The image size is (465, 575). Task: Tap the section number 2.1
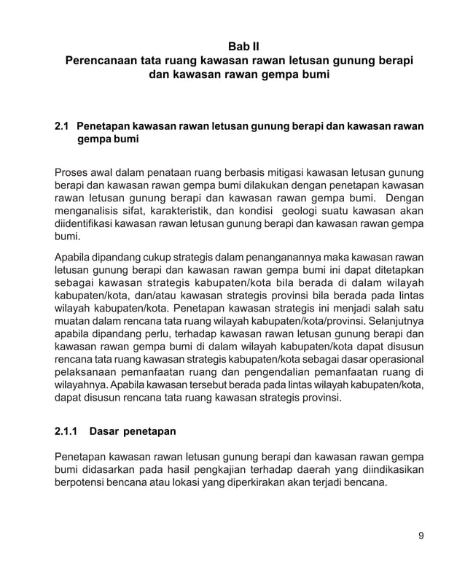coord(63,126)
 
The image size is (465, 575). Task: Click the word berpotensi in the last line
coord(82,484)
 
